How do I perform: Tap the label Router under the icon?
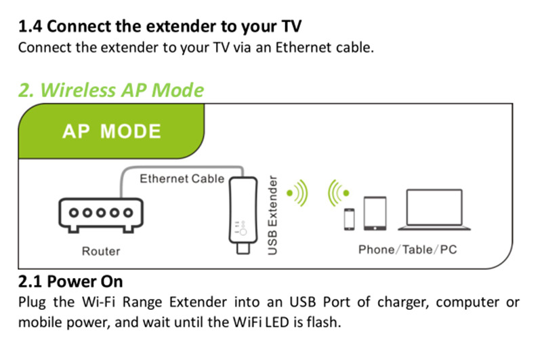coord(101,252)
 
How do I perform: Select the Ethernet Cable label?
coord(182,179)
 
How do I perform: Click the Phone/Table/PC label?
coord(407,249)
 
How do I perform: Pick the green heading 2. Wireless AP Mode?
coord(111,90)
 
